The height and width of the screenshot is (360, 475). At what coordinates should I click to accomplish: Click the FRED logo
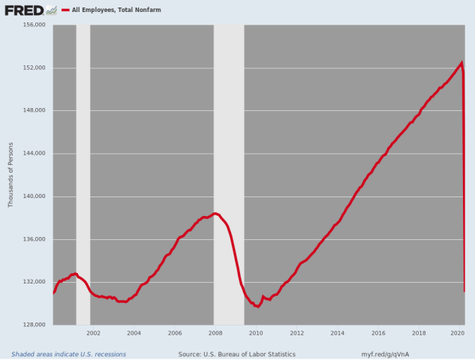pyautogui.click(x=30, y=10)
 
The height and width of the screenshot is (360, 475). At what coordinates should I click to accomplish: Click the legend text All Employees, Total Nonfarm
pyautogui.click(x=116, y=10)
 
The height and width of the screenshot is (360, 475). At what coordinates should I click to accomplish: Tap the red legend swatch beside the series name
pyautogui.click(x=65, y=10)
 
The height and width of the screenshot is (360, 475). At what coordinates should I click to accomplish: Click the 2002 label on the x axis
pyautogui.click(x=94, y=333)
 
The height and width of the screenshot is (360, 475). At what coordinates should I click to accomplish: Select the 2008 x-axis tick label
pyautogui.click(x=215, y=333)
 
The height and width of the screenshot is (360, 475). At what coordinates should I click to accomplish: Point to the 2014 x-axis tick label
pyautogui.click(x=337, y=333)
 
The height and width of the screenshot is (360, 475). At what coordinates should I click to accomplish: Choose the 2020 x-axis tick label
pyautogui.click(x=458, y=333)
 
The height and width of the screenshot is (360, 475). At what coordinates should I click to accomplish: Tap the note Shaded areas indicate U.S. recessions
pyautogui.click(x=68, y=354)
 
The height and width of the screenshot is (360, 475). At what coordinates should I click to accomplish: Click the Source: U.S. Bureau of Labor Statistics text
pyautogui.click(x=237, y=354)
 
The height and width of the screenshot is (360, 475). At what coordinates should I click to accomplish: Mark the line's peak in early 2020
pyautogui.click(x=462, y=62)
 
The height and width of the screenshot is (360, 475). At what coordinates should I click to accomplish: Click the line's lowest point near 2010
pyautogui.click(x=257, y=307)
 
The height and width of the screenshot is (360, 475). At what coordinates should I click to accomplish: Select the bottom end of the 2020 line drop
pyautogui.click(x=464, y=291)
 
